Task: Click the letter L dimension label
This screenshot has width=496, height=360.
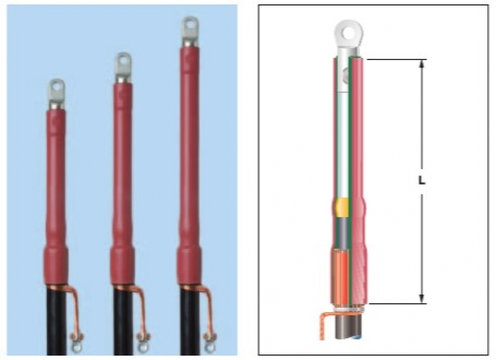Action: click(x=421, y=181)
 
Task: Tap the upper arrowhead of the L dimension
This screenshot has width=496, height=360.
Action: click(x=421, y=63)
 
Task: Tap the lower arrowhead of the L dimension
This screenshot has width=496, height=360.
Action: click(x=421, y=299)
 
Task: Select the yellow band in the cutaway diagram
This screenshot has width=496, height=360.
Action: click(x=342, y=207)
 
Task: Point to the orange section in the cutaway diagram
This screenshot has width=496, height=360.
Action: click(x=342, y=276)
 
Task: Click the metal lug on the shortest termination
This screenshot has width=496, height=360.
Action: click(x=57, y=94)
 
